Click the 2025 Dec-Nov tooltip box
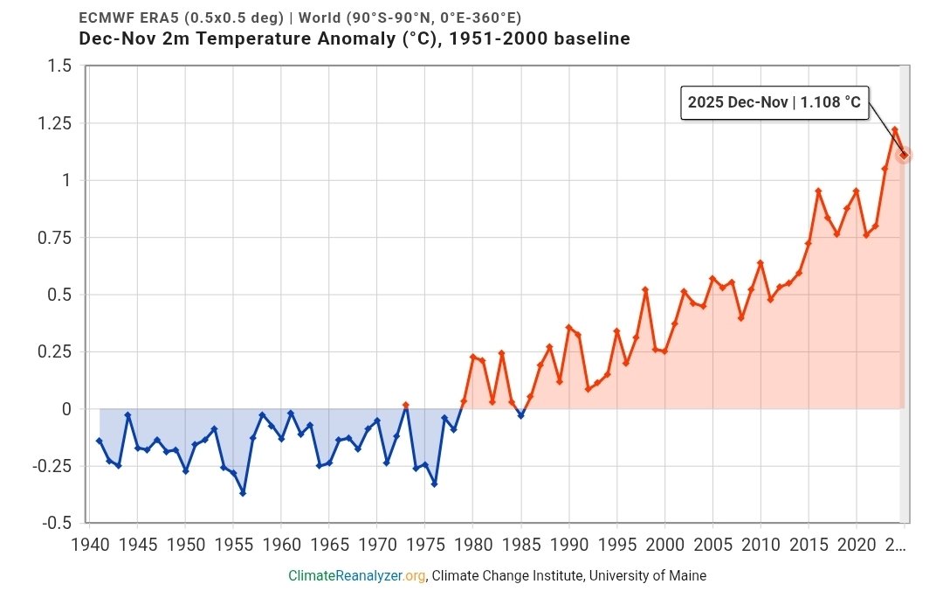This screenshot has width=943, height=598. point(774,103)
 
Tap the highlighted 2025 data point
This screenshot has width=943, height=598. point(904,155)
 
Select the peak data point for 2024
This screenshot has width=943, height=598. point(894,130)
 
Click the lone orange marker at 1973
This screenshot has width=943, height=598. point(405,405)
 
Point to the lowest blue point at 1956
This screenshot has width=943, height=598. point(243,493)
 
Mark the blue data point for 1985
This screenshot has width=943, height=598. point(520,415)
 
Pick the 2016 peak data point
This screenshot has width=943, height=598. point(818,191)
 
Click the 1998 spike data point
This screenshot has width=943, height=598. point(645,289)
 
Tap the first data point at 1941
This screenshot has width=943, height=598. point(99,441)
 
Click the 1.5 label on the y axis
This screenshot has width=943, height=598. point(59,66)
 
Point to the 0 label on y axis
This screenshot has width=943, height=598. point(65,409)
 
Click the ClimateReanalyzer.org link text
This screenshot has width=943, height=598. point(358,575)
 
